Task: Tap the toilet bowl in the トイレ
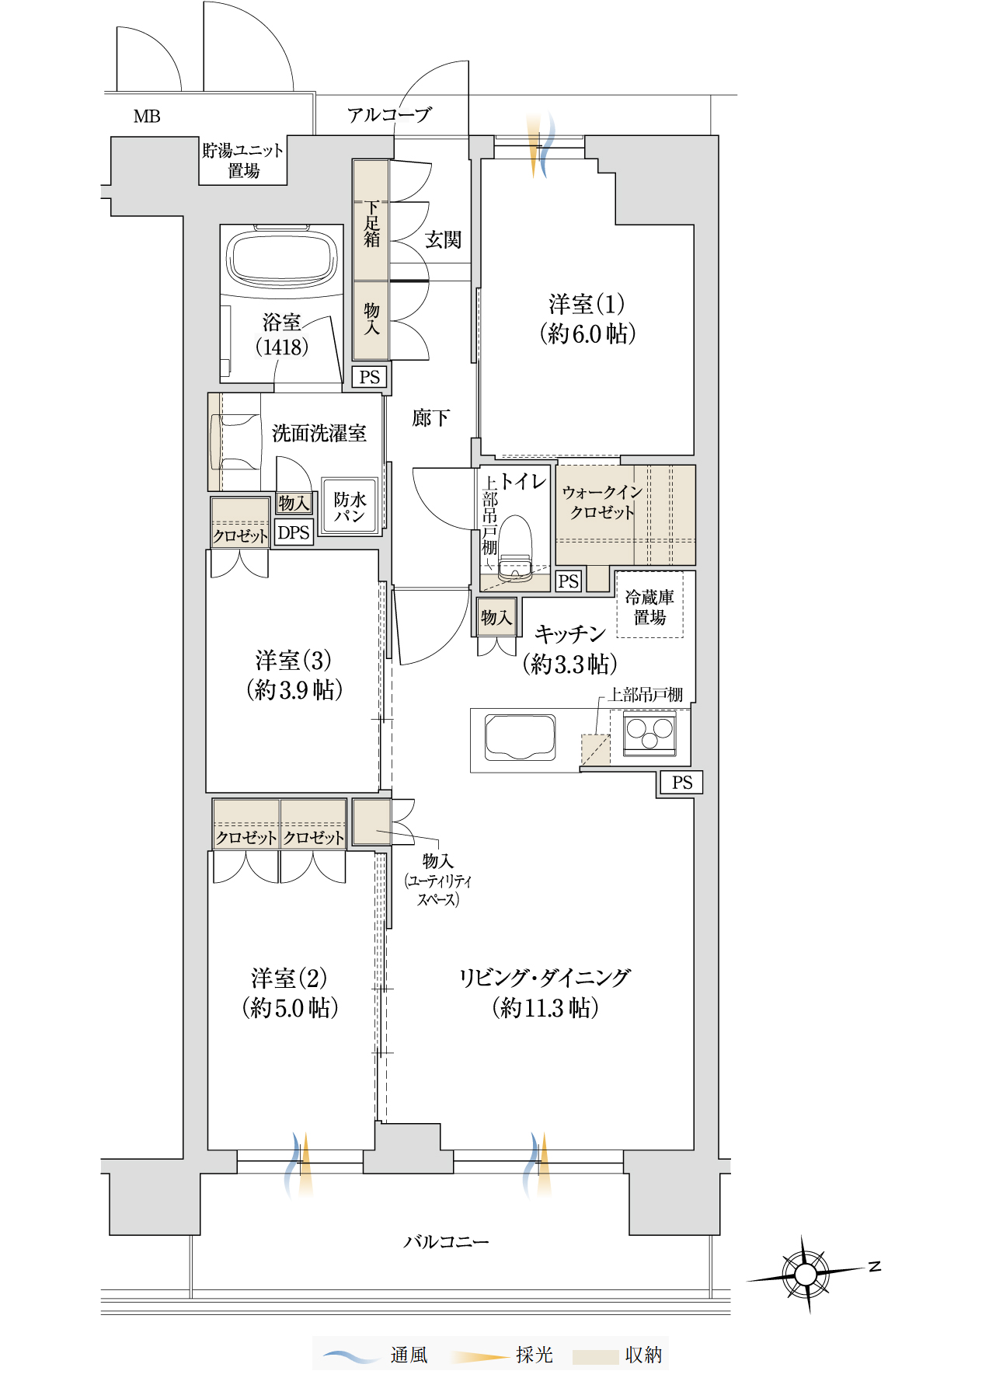tap(514, 549)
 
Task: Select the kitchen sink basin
tap(520, 738)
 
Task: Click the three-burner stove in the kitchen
tap(649, 734)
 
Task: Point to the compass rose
tap(806, 1275)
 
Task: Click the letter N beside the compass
tap(875, 1266)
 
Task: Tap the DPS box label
tap(294, 532)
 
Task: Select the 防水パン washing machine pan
tap(350, 506)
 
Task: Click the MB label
tap(147, 117)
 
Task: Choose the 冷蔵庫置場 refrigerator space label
tap(649, 607)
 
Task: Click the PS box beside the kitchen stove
tap(681, 783)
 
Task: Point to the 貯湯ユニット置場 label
tap(243, 160)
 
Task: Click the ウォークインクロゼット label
tap(602, 502)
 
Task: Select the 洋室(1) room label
tap(587, 319)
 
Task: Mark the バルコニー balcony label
tap(446, 1242)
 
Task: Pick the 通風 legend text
tap(409, 1355)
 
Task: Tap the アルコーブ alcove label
tap(389, 115)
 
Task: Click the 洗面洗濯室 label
tap(319, 433)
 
